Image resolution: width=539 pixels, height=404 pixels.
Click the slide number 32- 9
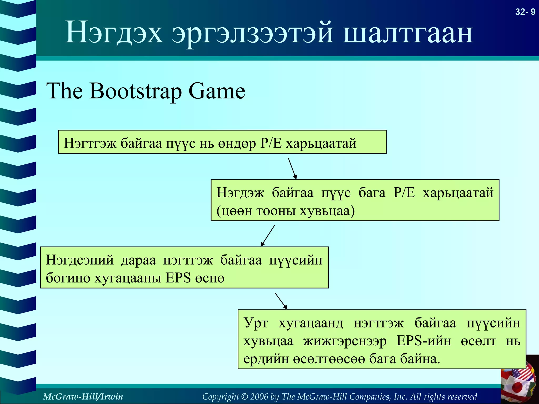[x=525, y=12]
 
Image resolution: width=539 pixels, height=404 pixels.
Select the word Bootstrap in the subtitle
[x=136, y=92]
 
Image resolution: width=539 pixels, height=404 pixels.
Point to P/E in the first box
[x=271, y=143]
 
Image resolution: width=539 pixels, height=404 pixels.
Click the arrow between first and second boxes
[x=292, y=168]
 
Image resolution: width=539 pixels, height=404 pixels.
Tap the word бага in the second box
[x=372, y=193]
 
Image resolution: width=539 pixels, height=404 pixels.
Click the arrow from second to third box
[x=268, y=236]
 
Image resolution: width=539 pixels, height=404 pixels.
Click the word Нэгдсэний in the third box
[x=80, y=260]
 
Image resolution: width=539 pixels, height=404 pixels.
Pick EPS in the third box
[x=178, y=278]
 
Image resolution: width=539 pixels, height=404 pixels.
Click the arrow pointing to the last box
[x=281, y=301]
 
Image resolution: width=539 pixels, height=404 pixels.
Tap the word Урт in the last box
[x=256, y=323]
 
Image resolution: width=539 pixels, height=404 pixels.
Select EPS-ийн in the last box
[x=424, y=341]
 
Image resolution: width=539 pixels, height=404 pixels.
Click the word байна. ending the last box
[x=420, y=359]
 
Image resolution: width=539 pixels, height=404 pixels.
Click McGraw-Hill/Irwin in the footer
[x=83, y=396]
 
